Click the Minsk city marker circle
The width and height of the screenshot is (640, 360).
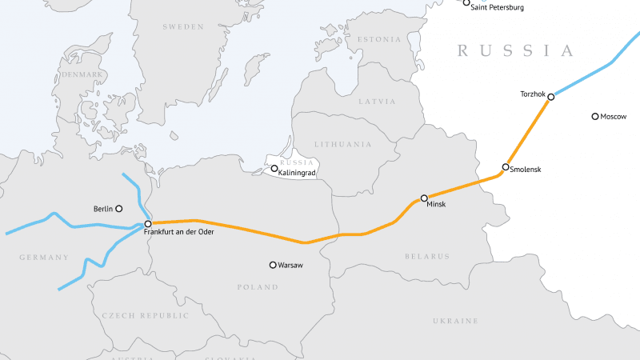(424, 198)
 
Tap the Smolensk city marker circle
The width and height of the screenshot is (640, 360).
(505, 167)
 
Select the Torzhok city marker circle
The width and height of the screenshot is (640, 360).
(551, 97)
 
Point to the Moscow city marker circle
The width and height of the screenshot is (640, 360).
(594, 117)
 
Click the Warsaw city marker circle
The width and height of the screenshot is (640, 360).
(273, 265)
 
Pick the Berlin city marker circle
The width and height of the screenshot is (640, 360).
(119, 208)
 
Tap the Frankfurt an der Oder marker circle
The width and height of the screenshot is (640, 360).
(148, 224)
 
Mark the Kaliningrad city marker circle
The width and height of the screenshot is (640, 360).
(274, 169)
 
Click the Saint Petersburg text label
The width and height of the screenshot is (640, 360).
(497, 7)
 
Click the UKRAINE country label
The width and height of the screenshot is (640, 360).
(455, 321)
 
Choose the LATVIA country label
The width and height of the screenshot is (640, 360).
(377, 102)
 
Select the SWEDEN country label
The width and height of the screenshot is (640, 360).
(183, 26)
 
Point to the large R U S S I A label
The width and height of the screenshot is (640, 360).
(516, 51)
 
